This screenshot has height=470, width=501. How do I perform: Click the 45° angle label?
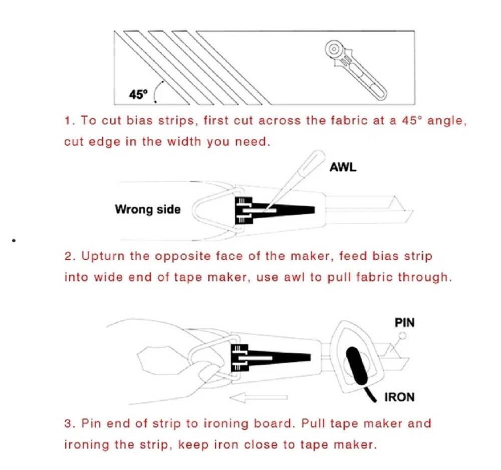[138, 93]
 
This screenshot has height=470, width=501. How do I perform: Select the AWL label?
[343, 167]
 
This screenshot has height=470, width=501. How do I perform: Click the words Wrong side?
[147, 209]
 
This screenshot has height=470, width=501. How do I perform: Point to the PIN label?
[405, 322]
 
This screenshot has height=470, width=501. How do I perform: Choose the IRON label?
[399, 397]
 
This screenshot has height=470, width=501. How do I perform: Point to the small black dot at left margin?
[15, 241]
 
